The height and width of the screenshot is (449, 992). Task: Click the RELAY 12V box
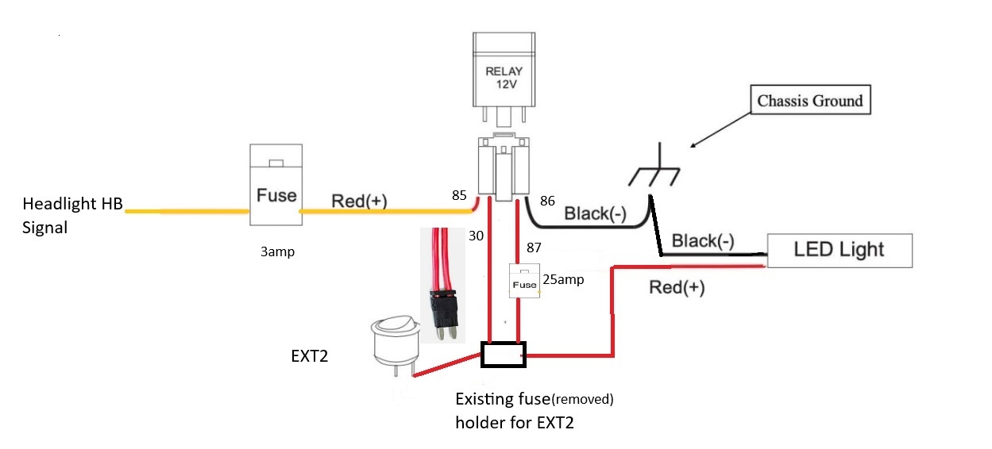(504, 70)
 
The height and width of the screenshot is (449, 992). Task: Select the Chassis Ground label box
(810, 99)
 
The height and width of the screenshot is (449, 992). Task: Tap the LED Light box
(840, 251)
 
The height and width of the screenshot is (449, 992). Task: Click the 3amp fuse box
(276, 185)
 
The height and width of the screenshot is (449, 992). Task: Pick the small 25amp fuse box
(524, 281)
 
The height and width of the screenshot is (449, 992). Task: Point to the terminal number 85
(459, 195)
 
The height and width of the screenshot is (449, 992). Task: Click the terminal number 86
(547, 201)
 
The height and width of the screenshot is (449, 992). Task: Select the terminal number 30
(476, 236)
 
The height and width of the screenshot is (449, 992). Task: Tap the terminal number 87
(534, 248)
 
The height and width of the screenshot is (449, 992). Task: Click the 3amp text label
(277, 251)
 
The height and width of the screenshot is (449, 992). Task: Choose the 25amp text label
(563, 279)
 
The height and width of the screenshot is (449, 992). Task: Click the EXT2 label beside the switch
(310, 356)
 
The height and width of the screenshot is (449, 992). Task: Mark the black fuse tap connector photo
(442, 286)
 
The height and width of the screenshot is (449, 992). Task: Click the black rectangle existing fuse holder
(504, 355)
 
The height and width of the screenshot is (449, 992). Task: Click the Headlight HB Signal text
(72, 216)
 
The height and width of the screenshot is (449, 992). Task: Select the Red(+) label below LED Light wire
(677, 287)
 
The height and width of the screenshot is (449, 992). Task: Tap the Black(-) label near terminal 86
(595, 213)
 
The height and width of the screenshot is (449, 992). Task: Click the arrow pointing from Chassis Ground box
(720, 130)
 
